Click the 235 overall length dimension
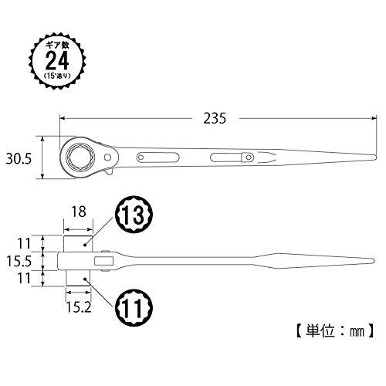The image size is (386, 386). tap(215, 118)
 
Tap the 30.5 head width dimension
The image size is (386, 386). tap(19, 158)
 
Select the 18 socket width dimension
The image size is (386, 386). tap(79, 212)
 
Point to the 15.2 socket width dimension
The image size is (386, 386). tap(79, 306)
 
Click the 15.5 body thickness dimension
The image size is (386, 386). tap(19, 261)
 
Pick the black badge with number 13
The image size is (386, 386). tap(134, 215)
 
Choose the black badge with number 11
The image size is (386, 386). tap(134, 307)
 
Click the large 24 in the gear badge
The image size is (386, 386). tap(57, 60)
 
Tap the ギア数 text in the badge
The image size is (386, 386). tap(57, 46)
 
